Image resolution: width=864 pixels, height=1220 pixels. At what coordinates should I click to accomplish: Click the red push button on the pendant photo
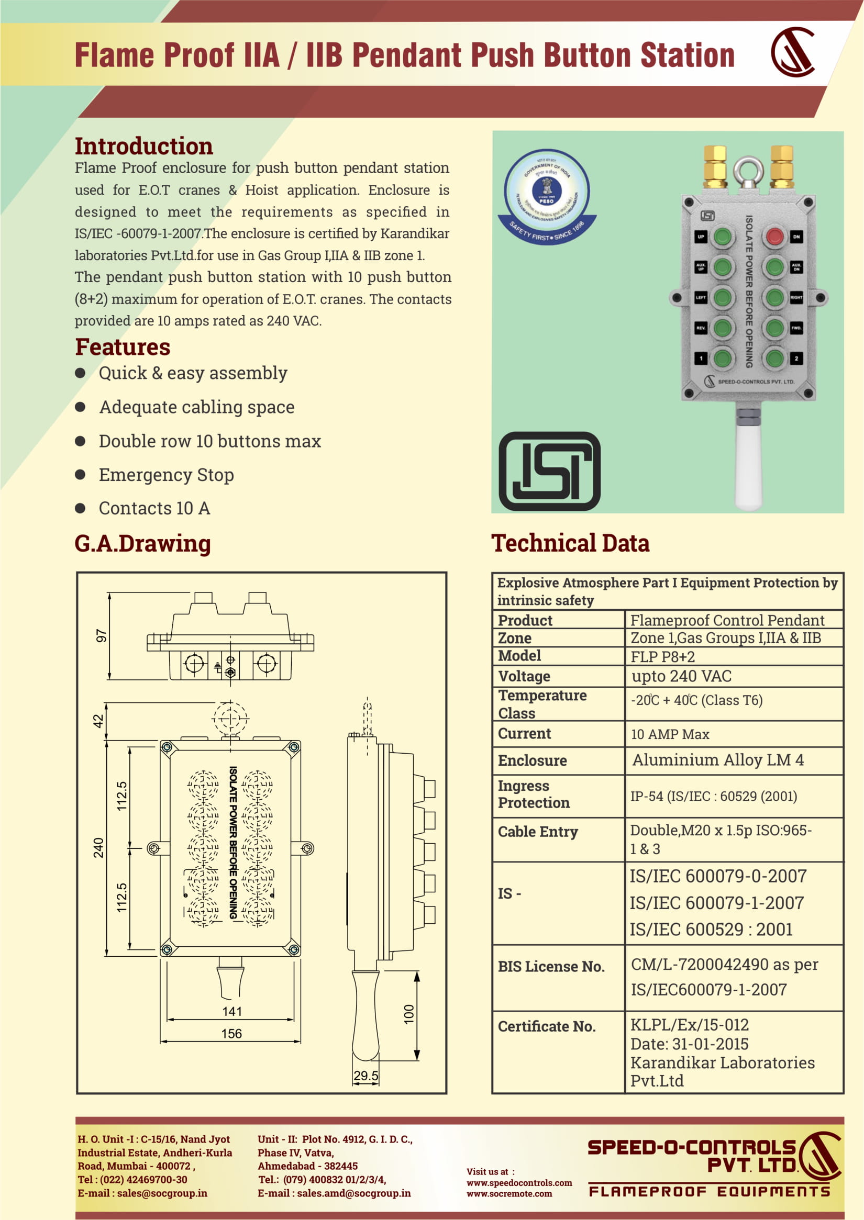click(x=774, y=236)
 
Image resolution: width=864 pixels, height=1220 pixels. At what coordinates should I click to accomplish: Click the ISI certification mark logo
click(x=549, y=471)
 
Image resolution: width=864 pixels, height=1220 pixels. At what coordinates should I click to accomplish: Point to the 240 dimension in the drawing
click(x=99, y=847)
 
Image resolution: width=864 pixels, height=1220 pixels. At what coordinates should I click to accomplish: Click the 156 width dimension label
click(x=231, y=1033)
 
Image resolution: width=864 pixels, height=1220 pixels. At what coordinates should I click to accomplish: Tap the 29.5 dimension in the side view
click(x=365, y=1076)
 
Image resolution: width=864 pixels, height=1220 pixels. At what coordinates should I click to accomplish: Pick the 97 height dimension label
click(x=101, y=635)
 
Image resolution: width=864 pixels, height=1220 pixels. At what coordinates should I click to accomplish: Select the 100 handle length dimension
click(x=408, y=1014)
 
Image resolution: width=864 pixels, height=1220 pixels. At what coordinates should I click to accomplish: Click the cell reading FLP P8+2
click(x=662, y=657)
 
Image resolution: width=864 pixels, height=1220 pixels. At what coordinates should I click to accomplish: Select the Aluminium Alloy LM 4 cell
click(x=718, y=760)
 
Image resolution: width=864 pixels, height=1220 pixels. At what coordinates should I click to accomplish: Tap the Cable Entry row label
click(x=537, y=831)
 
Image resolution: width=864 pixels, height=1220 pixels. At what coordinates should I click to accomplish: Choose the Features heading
click(x=123, y=347)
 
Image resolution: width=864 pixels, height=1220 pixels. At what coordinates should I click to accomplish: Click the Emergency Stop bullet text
click(x=166, y=474)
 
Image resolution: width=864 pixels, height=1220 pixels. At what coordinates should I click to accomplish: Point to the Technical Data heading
click(x=570, y=543)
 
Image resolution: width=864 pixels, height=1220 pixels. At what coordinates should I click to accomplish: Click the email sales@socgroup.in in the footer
click(x=162, y=1193)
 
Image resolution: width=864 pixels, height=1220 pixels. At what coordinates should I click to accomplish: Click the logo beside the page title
click(x=793, y=52)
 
